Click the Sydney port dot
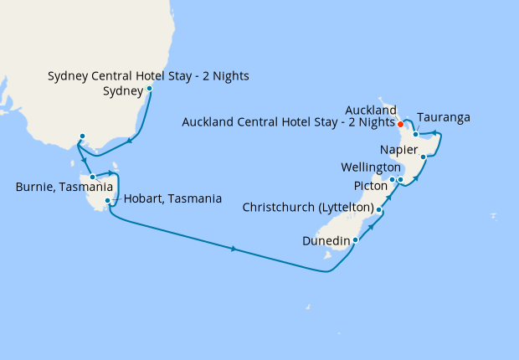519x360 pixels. (149, 88)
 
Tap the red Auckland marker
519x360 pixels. (401, 125)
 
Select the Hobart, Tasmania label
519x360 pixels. (172, 199)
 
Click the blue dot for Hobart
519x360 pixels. (108, 201)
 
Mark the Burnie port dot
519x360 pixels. (93, 177)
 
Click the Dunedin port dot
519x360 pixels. (356, 239)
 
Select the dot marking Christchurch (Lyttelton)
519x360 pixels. (379, 209)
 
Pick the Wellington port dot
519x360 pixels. (400, 180)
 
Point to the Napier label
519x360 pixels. (398, 150)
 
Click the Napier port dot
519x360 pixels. (424, 157)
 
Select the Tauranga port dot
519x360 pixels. (416, 134)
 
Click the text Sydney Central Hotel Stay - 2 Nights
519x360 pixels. (148, 77)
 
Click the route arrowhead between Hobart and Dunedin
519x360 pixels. (233, 249)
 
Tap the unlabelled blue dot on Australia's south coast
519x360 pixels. (82, 136)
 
